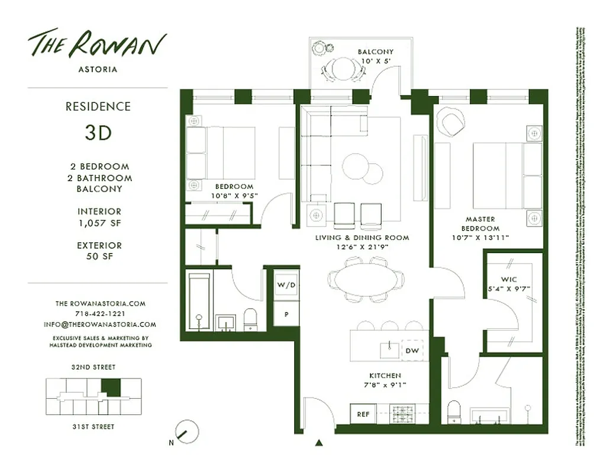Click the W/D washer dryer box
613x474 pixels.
tap(286, 285)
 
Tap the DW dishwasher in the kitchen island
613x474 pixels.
tap(412, 351)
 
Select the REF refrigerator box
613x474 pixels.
tap(363, 414)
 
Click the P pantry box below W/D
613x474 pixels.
tap(286, 314)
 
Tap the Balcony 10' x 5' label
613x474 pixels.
tap(375, 56)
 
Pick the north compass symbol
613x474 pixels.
tap(187, 432)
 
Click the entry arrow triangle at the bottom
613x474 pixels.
tap(320, 442)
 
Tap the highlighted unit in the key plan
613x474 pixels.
tap(110, 387)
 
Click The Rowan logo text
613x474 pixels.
tap(98, 44)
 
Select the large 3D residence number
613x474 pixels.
tap(98, 132)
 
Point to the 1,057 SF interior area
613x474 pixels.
tap(99, 223)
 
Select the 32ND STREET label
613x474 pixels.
tap(93, 367)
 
